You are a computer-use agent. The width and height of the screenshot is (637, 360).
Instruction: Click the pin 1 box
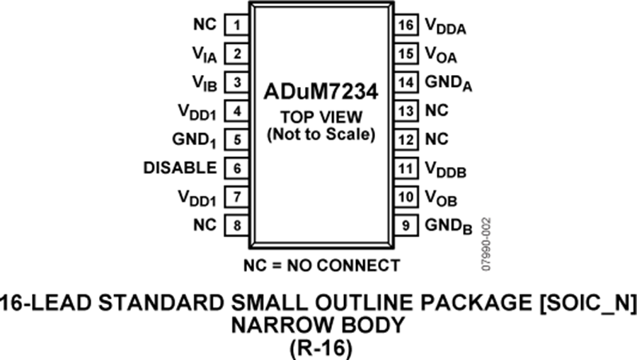(x=236, y=25)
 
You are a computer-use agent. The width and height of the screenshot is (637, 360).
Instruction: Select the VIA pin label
(x=205, y=54)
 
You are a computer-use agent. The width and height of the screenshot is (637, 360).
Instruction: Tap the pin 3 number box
(x=236, y=82)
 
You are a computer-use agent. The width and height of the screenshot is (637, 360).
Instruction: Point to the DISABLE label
(x=180, y=168)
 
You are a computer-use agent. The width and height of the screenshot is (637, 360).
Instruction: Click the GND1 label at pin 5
(x=194, y=141)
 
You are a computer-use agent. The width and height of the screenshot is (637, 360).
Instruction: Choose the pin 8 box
(x=236, y=225)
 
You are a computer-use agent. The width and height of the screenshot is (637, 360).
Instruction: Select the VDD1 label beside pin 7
(x=197, y=198)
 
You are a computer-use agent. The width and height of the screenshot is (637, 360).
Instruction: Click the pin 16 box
(x=406, y=25)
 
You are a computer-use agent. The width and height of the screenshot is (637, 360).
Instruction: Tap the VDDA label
(x=445, y=26)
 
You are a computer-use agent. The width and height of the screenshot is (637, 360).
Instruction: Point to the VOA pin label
(x=441, y=54)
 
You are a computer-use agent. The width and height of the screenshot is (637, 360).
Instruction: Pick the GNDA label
(x=449, y=83)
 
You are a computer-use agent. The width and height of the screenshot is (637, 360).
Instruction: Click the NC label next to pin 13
(x=436, y=110)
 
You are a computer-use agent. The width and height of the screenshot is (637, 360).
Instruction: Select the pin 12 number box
(x=406, y=139)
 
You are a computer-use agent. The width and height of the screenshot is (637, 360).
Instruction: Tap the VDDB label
(x=445, y=169)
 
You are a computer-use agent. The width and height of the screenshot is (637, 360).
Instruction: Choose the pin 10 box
(x=406, y=197)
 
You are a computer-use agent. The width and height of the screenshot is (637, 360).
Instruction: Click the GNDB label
(x=449, y=226)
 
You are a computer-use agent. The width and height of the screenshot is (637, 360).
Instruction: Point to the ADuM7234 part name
(x=321, y=92)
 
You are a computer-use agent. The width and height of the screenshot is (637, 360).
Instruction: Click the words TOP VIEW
(x=321, y=117)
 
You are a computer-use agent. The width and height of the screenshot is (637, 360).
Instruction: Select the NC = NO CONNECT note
(x=322, y=266)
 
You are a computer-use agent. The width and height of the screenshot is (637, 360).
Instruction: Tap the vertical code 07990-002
(x=487, y=244)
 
